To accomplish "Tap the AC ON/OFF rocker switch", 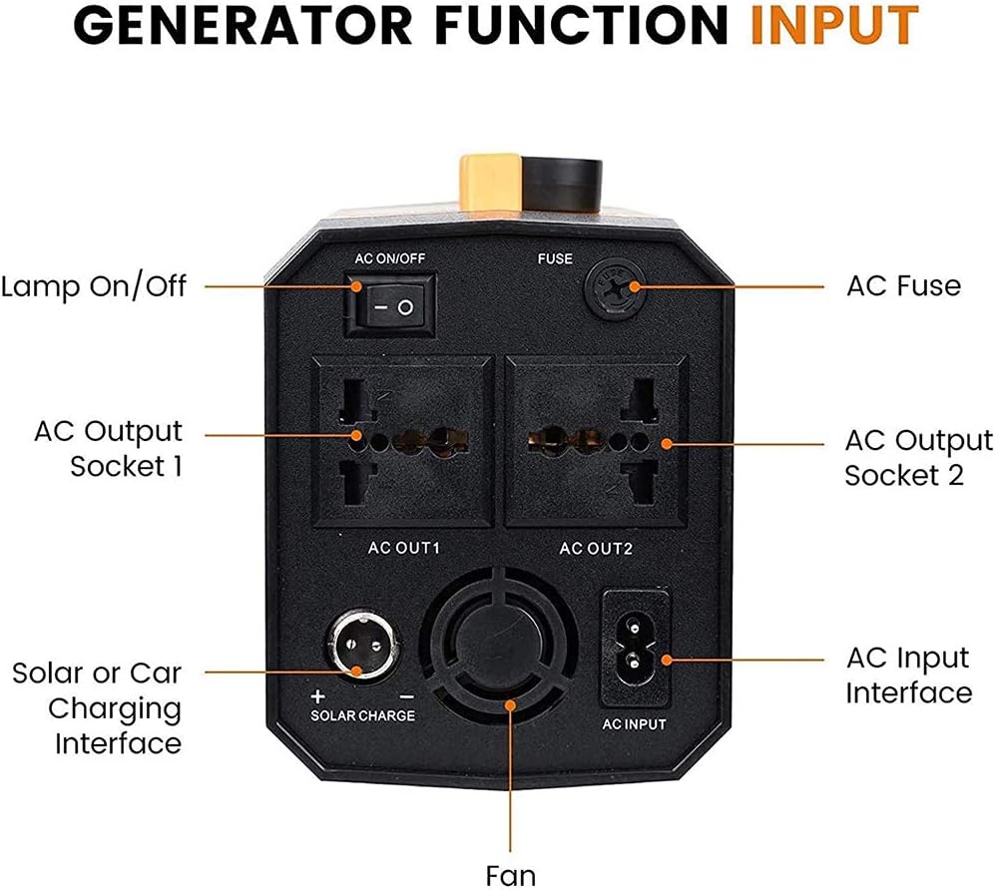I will click(x=390, y=307).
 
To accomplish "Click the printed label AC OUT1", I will click(x=404, y=548).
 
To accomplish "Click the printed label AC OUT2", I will click(x=596, y=548).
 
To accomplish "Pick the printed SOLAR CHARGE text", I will click(x=362, y=715).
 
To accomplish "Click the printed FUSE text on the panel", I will click(x=555, y=258).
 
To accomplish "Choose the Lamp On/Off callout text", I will click(x=94, y=287).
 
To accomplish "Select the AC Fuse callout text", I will click(x=903, y=286).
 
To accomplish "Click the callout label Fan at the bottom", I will click(x=510, y=874).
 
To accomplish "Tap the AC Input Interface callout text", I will click(x=907, y=675).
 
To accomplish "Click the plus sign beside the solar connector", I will click(x=318, y=696).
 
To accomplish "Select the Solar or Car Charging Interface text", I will click(x=97, y=708).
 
